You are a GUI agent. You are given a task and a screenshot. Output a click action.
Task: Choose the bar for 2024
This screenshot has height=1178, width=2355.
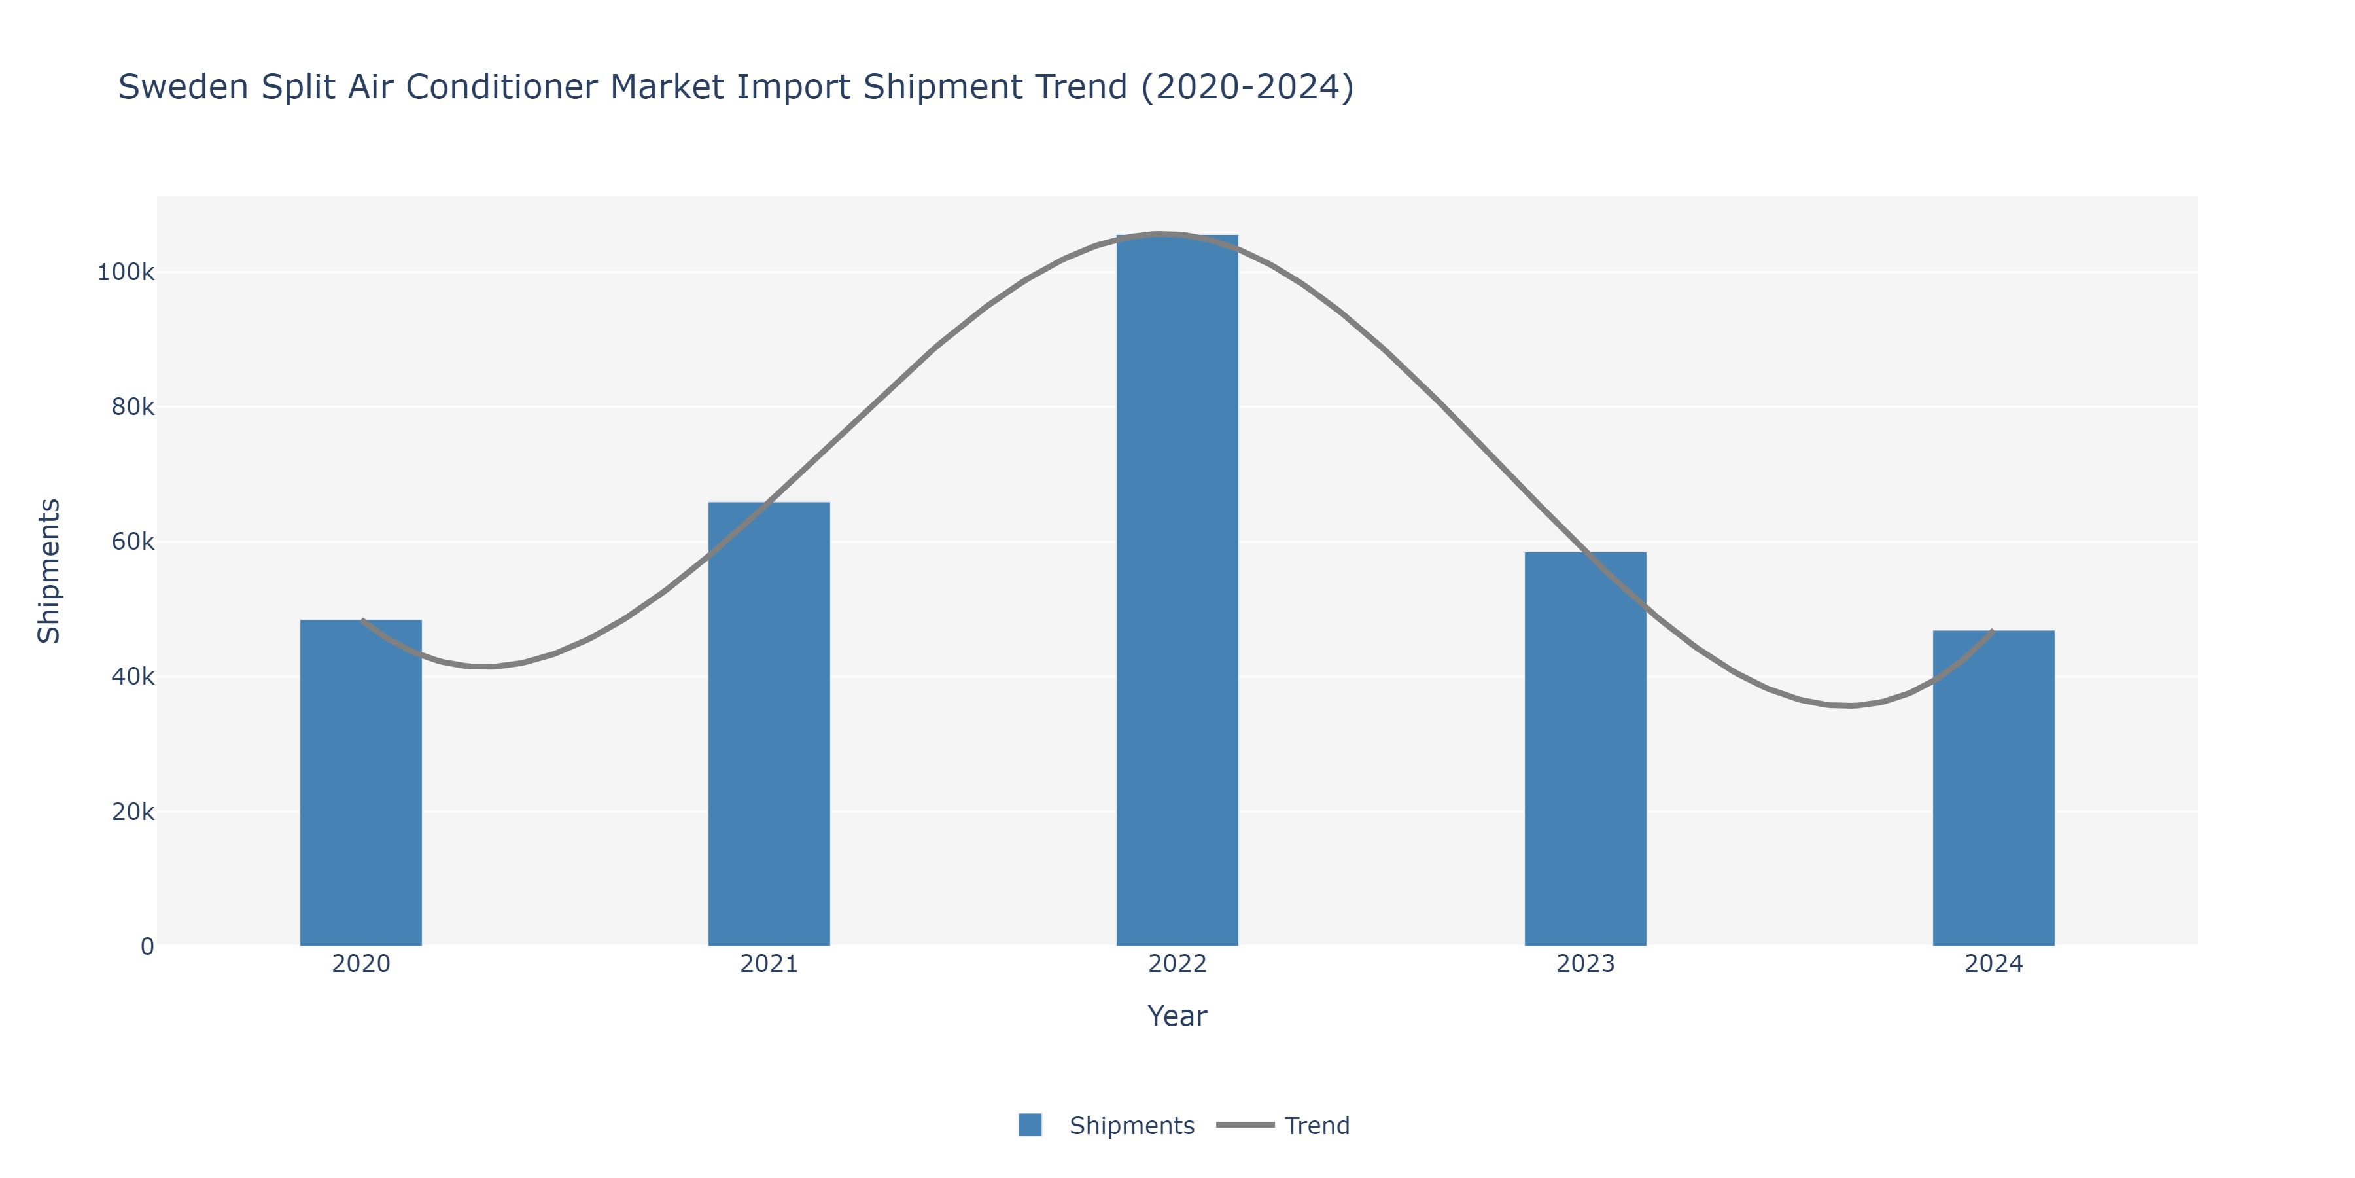1993,787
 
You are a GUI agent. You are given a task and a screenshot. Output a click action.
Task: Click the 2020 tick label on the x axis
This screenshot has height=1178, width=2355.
361,964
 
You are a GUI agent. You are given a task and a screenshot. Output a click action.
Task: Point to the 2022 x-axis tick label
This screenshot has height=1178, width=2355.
1177,964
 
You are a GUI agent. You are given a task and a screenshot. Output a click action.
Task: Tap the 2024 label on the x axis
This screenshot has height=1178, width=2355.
1993,964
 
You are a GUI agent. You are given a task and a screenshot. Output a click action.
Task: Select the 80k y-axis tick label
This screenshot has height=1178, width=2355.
133,407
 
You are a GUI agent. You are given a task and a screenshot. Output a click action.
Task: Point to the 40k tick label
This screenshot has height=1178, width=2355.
133,677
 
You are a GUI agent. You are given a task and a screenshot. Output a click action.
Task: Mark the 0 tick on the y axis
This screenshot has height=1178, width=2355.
147,946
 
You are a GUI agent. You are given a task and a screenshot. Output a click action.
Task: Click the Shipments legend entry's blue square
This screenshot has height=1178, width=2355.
1030,1125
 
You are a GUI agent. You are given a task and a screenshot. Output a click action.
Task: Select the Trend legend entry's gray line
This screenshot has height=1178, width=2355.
1245,1125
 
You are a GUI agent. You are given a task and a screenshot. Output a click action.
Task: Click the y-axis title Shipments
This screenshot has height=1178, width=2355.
49,571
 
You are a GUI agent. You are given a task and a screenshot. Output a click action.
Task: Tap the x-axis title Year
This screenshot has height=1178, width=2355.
1177,1016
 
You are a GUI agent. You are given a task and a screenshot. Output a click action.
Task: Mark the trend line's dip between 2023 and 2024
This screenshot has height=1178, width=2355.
1851,705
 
